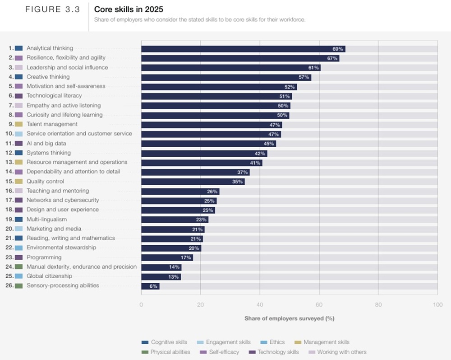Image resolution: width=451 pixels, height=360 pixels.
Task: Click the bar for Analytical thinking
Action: [x=243, y=49]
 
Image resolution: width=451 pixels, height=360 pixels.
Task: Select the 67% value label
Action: [x=332, y=58]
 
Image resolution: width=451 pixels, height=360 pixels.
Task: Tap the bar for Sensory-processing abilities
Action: [x=150, y=286]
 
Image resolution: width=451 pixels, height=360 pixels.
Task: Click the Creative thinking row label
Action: [x=48, y=77]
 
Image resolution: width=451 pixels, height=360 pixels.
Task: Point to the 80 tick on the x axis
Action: [x=378, y=304]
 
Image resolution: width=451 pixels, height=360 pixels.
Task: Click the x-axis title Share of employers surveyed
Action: [x=289, y=318]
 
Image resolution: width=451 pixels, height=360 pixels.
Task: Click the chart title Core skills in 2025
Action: [x=129, y=9]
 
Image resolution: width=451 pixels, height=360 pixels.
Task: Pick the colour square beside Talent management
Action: [x=18, y=124]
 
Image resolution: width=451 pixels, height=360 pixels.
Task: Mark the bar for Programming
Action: [x=167, y=257]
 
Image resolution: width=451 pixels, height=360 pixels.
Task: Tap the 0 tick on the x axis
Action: [x=142, y=304]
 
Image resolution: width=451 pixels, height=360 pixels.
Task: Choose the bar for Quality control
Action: [x=193, y=182]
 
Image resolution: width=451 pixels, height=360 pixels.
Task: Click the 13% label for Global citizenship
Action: [x=174, y=276]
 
